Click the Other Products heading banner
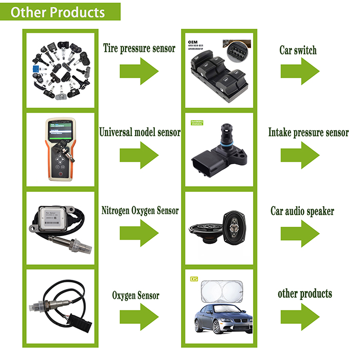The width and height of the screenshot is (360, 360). [61, 12]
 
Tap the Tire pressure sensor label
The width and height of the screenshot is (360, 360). [139, 49]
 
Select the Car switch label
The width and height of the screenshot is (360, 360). [298, 50]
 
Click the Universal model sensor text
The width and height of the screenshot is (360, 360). [139, 133]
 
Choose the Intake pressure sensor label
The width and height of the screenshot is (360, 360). [308, 133]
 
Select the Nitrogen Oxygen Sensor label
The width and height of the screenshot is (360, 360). [140, 210]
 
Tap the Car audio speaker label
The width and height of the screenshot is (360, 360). [302, 211]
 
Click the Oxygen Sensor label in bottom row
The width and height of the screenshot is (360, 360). [135, 295]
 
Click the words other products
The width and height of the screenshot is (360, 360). [304, 294]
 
